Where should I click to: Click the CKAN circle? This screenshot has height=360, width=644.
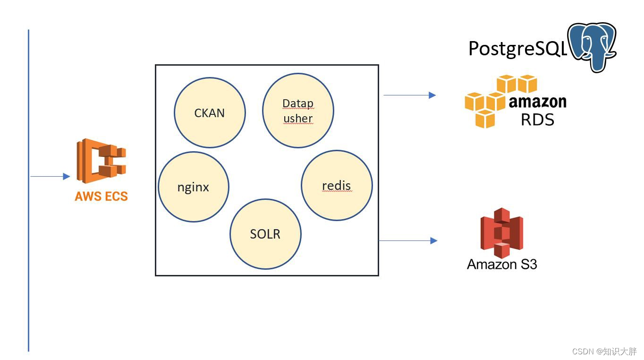coord(210,113)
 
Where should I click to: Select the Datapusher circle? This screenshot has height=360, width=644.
coord(298,110)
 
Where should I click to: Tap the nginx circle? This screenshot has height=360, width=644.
coord(193,187)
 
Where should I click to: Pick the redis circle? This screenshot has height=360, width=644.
coord(337,186)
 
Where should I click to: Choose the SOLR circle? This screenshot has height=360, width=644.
coord(265,234)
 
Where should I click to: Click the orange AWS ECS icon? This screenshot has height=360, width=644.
coord(102,161)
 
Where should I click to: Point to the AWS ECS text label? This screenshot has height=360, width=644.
coord(101,197)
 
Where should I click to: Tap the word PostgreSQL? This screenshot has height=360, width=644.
coord(517,48)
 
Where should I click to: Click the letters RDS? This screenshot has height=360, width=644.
coord(537,120)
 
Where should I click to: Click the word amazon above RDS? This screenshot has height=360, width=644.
coord(537,102)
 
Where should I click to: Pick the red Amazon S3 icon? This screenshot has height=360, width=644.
coord(501,231)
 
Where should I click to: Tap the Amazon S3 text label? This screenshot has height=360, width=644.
coord(502,264)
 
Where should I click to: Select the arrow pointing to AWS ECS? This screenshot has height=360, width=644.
coord(50,177)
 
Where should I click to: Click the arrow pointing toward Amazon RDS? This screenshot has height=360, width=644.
coord(409,95)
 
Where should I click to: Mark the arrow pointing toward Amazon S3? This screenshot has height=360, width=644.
coord(408,240)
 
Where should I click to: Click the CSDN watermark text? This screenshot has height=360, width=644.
coord(604,351)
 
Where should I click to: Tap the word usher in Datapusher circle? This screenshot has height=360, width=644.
coord(298,118)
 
